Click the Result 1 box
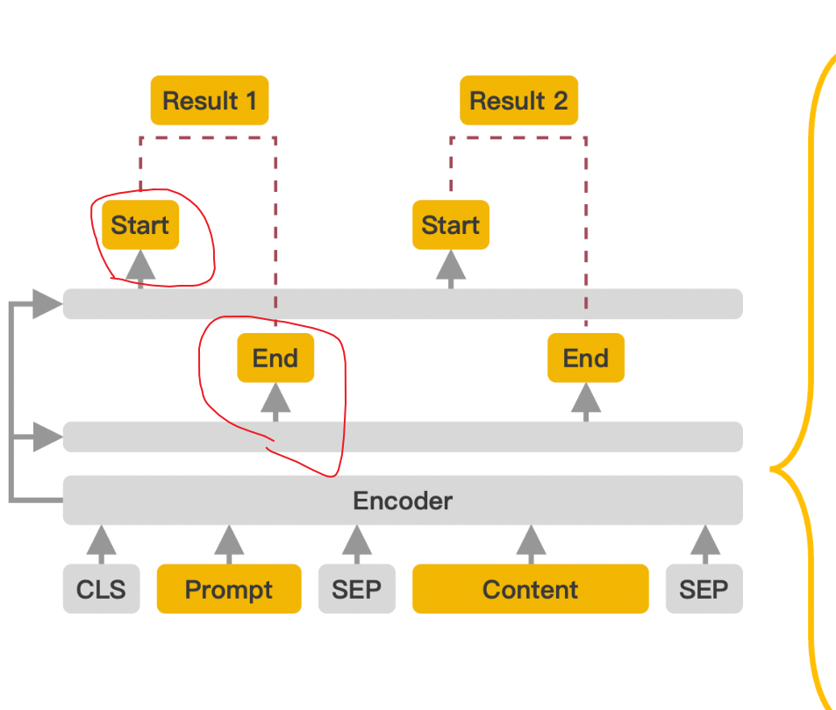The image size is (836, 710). [210, 101]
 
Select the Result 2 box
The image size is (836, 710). [519, 101]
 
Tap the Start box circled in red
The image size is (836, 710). [140, 225]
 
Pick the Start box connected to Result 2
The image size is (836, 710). [451, 225]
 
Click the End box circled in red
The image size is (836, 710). [275, 359]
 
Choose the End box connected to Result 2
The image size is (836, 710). [586, 359]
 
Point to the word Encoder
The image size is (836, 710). [403, 501]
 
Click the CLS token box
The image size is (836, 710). [101, 589]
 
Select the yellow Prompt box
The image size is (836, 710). [229, 589]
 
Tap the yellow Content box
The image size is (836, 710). [530, 589]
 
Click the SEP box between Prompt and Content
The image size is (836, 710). [356, 589]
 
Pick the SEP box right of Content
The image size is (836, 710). [704, 589]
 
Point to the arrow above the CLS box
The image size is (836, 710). [101, 543]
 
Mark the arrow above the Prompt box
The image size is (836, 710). [229, 543]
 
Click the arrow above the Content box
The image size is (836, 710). [530, 543]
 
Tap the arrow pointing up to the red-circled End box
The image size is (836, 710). [275, 402]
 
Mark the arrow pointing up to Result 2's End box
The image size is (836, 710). [586, 402]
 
